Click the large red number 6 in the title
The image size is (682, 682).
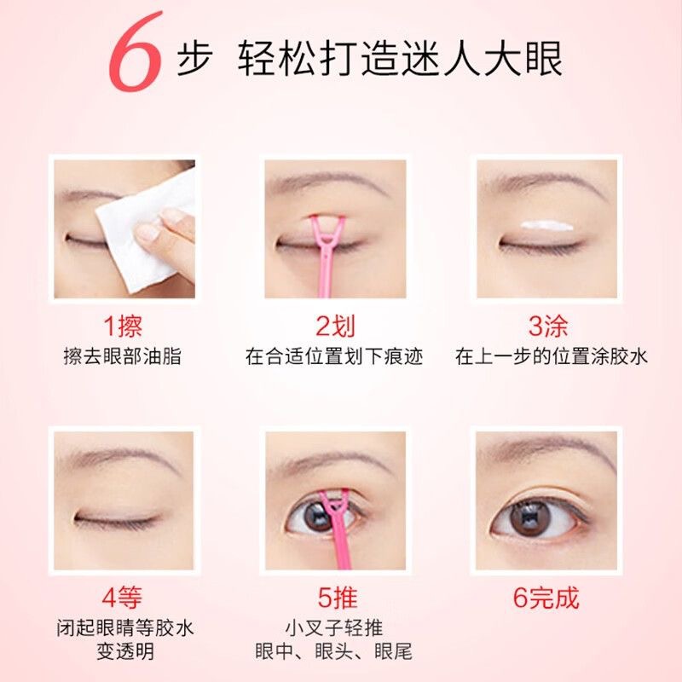[135, 52]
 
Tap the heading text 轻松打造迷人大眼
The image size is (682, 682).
[400, 59]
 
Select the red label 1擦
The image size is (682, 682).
[123, 326]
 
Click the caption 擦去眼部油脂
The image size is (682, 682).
[122, 356]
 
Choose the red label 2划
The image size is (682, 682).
[335, 326]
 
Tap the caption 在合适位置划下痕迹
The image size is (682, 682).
[334, 356]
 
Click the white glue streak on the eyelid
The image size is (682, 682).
[546, 225]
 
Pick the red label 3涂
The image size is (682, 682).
[548, 326]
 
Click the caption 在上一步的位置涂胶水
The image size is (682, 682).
[551, 356]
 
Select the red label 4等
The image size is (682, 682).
[122, 598]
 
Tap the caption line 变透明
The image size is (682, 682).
[125, 651]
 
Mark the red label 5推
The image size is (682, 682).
[338, 598]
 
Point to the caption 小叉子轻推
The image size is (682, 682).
[334, 627]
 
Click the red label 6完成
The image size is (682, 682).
[546, 598]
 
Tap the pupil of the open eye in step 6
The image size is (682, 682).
[529, 517]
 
